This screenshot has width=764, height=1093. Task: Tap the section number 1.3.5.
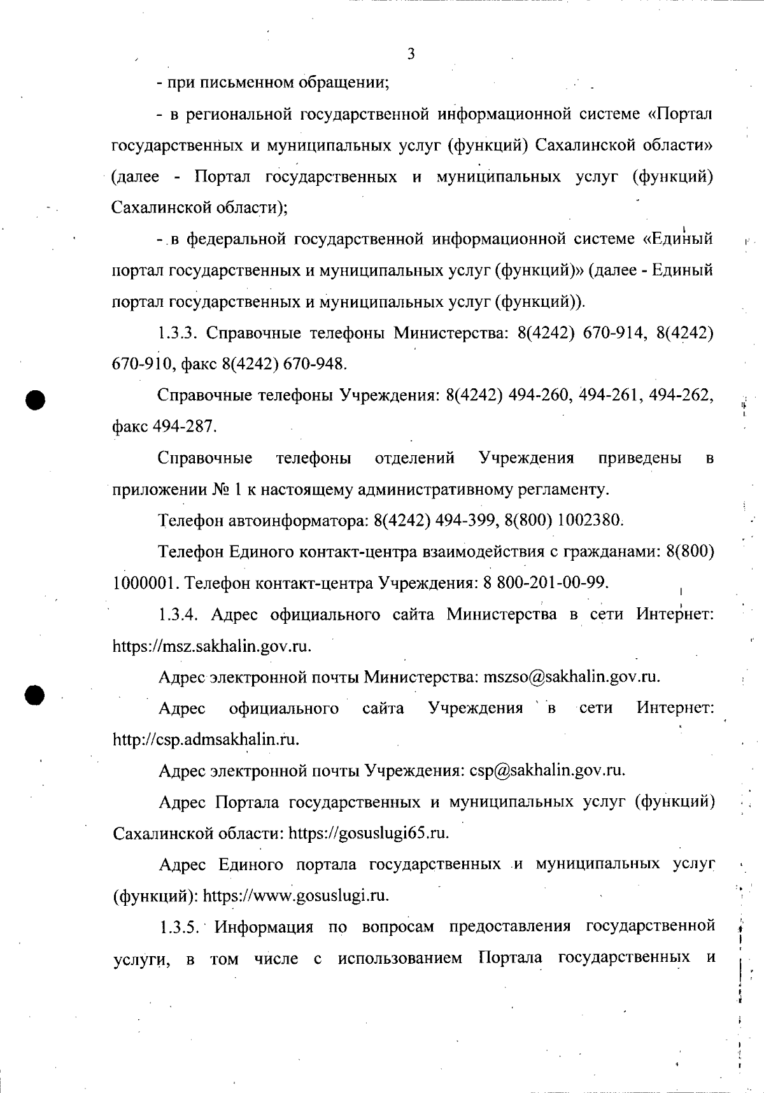tap(181, 926)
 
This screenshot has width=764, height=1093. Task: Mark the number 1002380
tap(590, 521)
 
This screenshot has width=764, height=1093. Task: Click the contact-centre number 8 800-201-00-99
tap(542, 583)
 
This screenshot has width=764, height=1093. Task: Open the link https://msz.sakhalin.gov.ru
tap(211, 647)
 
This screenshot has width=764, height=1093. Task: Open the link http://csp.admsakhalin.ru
tap(205, 740)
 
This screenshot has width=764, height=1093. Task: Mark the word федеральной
tap(235, 240)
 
